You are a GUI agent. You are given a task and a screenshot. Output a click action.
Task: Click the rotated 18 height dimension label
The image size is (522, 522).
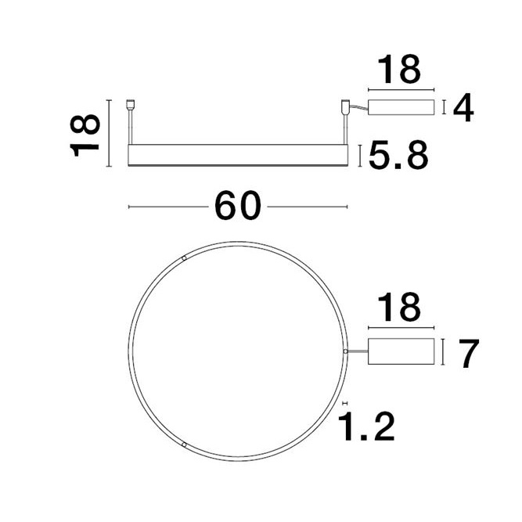coord(85,134)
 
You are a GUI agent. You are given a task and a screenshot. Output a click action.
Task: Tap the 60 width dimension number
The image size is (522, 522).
coord(237,207)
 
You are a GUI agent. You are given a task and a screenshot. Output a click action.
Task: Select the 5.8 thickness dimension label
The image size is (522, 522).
coord(398,157)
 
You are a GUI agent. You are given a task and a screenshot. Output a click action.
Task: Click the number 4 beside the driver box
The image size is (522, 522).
coord(463,109)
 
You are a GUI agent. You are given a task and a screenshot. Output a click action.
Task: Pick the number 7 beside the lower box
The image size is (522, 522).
coord(468,354)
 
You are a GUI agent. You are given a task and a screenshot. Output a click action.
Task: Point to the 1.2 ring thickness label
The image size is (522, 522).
coord(366,427)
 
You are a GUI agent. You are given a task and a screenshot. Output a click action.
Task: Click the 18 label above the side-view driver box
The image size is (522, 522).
coord(398,70)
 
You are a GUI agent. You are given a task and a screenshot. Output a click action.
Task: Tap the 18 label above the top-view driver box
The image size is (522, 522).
coord(398,308)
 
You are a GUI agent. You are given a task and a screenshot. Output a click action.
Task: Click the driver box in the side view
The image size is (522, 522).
coord(400,108)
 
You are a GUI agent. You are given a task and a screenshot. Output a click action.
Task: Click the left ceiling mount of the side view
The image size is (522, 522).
coord(131,103)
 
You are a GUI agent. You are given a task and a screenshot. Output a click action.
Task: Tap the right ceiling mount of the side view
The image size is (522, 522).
coord(344,105)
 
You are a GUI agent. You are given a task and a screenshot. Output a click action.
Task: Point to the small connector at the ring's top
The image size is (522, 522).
coord(184,257)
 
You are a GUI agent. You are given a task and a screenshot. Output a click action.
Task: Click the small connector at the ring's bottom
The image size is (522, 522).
coord(184,444)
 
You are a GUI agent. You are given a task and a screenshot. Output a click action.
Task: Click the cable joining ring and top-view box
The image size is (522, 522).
coord(357,353)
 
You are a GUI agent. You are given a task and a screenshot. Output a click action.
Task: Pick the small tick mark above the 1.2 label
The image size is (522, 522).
coord(344,403)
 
